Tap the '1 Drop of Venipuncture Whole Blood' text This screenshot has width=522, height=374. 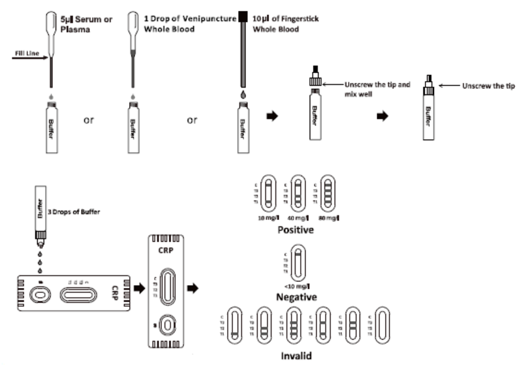189,24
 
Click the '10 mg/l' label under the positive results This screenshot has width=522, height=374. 266,217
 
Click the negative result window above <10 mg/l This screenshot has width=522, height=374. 298,260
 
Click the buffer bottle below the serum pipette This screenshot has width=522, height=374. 52,127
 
